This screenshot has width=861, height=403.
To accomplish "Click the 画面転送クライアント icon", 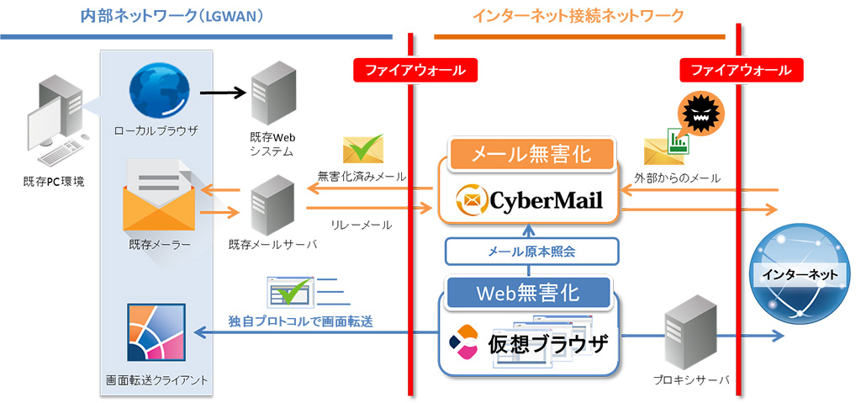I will click(x=156, y=331).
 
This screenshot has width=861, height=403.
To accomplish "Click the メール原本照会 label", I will click(x=531, y=251).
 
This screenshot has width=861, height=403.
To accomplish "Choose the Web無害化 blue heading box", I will click(x=528, y=293).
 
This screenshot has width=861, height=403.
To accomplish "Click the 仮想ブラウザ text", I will click(x=547, y=344).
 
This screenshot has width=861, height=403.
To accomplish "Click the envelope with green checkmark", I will click(x=362, y=149).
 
